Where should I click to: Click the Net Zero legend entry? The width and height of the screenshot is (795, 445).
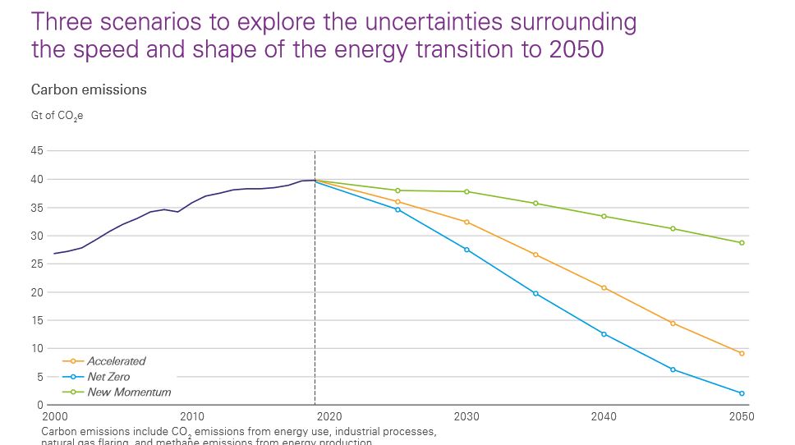pyautogui.click(x=108, y=377)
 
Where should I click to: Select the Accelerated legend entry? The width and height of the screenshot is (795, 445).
pyautogui.click(x=116, y=361)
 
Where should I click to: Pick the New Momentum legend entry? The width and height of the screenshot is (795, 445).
pyautogui.click(x=129, y=392)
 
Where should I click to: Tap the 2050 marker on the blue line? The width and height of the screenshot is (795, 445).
pyautogui.click(x=741, y=393)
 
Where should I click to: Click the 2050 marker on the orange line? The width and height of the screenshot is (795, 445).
pyautogui.click(x=741, y=353)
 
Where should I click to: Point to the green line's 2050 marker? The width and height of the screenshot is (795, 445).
pyautogui.click(x=741, y=243)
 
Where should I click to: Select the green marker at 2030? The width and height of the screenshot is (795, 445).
pyautogui.click(x=466, y=191)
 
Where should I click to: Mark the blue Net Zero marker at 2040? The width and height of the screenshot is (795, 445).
pyautogui.click(x=604, y=334)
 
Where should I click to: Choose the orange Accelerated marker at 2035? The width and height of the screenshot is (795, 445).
pyautogui.click(x=535, y=255)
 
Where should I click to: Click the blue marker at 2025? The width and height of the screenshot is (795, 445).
pyautogui.click(x=397, y=209)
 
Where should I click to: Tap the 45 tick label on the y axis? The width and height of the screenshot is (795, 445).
pyautogui.click(x=36, y=151)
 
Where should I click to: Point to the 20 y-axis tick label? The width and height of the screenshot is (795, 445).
pyautogui.click(x=36, y=292)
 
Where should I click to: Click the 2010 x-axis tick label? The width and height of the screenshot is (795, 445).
pyautogui.click(x=192, y=417)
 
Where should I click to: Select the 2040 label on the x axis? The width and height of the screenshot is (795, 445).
pyautogui.click(x=604, y=417)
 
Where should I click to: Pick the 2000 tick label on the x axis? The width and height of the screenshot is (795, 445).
pyautogui.click(x=55, y=417)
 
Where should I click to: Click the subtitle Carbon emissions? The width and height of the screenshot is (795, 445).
pyautogui.click(x=89, y=89)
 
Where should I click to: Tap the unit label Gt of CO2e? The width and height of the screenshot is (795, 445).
pyautogui.click(x=57, y=116)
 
